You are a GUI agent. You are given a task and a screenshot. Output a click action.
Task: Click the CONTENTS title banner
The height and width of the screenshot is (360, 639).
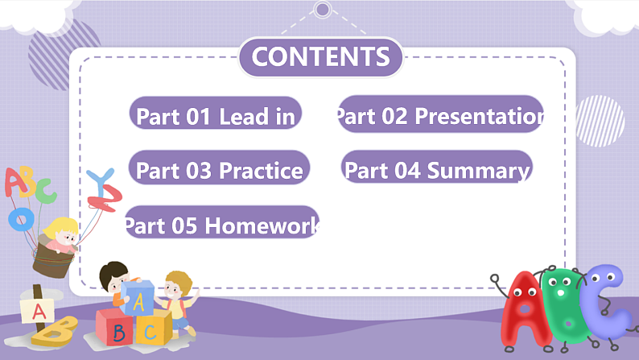tap(320, 57)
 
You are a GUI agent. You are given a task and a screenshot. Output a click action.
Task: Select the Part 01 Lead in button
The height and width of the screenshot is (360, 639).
tap(216, 116)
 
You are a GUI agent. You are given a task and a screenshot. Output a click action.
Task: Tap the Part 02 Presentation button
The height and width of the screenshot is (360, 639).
tap(440, 116)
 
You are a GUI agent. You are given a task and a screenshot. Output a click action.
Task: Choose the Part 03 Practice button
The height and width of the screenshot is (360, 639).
tap(219, 170)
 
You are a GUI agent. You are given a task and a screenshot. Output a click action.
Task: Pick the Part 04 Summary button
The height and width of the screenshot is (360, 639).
tap(437, 170)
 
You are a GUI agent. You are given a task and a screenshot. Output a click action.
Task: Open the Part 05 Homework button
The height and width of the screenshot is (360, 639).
tap(221, 226)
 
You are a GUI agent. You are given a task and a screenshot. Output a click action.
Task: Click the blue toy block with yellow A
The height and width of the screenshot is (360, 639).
tap(138, 298)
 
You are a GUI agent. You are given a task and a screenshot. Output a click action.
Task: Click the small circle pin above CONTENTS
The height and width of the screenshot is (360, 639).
tap(323, 10)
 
